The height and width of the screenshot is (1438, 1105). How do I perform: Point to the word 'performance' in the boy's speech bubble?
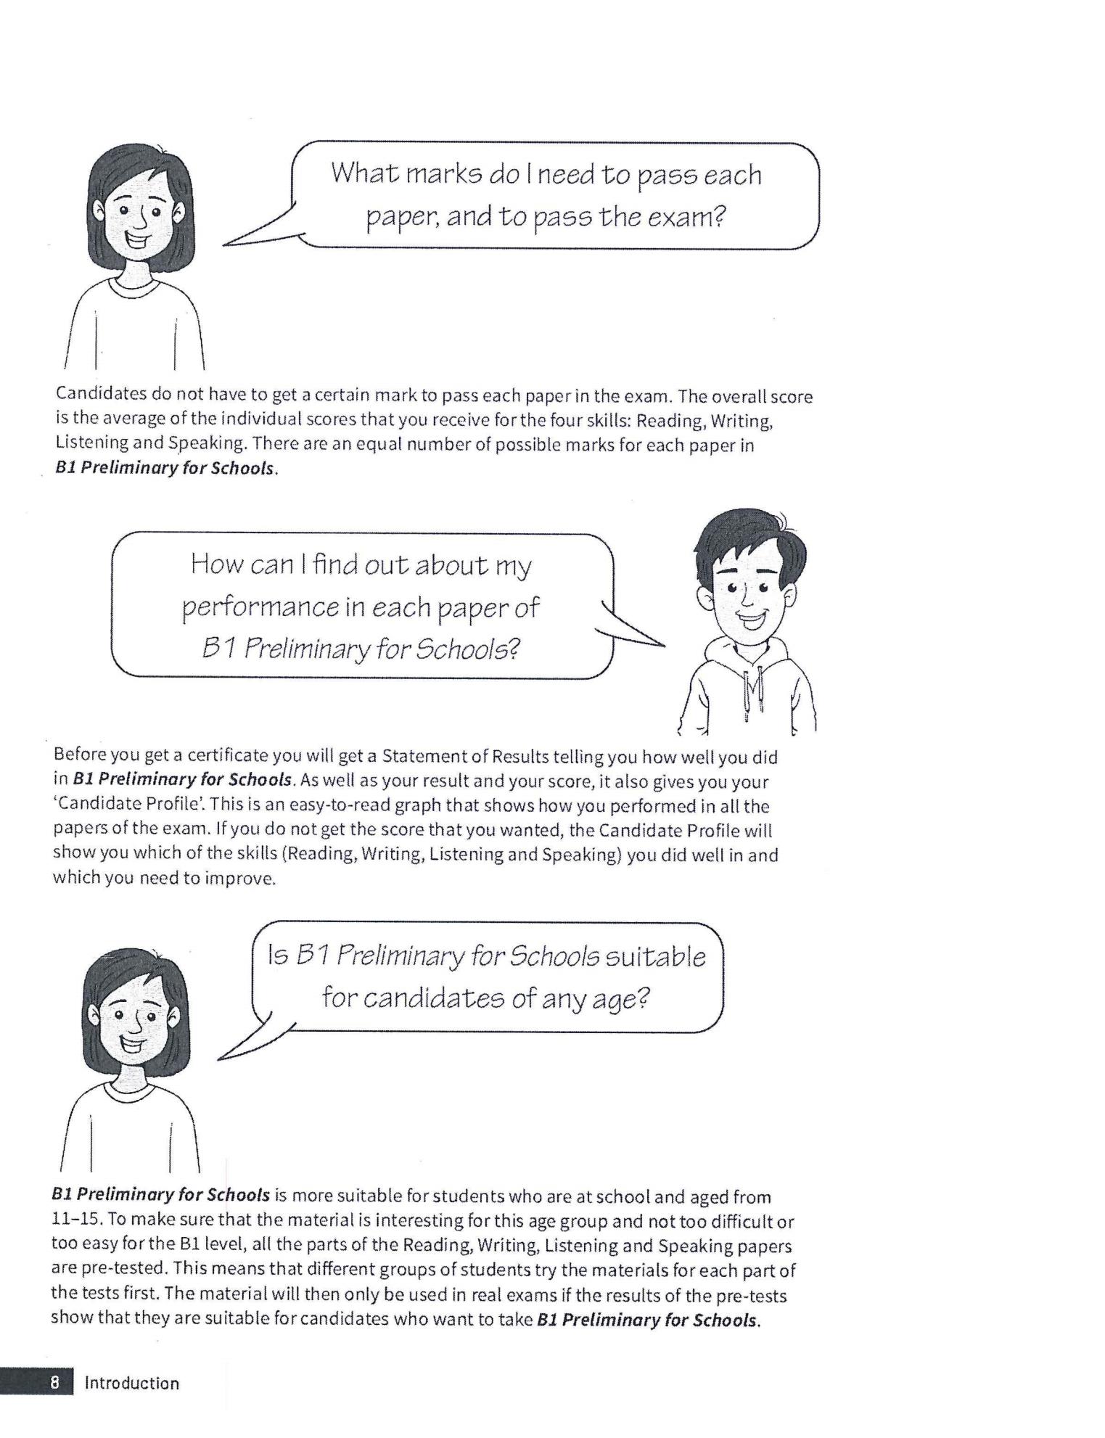pos(260,608)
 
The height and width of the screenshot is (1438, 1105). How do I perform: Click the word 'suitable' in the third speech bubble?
pos(655,956)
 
